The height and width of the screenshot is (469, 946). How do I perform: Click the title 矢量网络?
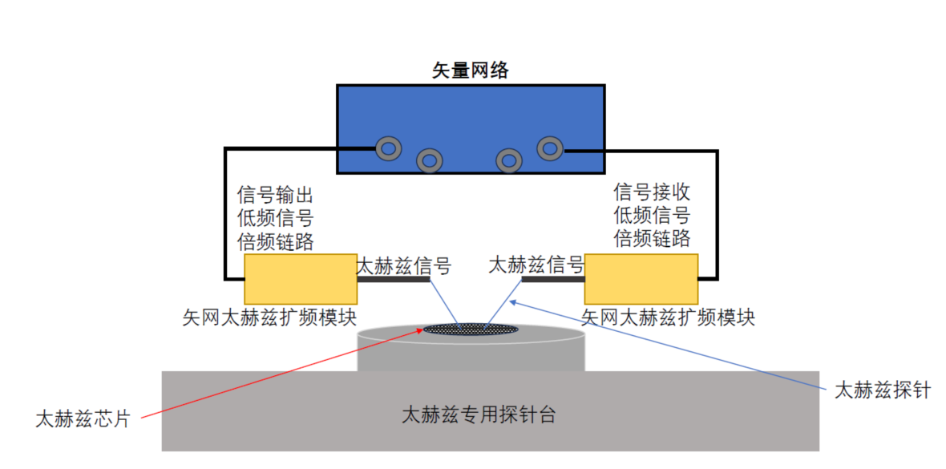(471, 71)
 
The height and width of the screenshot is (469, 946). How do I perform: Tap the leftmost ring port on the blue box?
(389, 148)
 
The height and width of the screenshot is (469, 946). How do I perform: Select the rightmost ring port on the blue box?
(550, 148)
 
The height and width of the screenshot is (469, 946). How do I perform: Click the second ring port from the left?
(430, 160)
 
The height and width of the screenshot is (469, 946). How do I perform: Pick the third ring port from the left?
(509, 160)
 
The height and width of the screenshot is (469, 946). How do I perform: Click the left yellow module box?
(301, 279)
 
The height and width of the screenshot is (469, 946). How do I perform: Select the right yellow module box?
(641, 279)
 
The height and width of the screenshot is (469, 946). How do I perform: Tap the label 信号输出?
(275, 195)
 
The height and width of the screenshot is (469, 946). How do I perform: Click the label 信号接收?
(652, 192)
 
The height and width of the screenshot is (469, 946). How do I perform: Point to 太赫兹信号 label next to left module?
(403, 265)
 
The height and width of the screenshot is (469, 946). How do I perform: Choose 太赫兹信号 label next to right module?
(536, 265)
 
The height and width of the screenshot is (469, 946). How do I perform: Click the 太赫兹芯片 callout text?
(82, 418)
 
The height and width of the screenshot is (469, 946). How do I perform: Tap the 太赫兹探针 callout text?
(882, 391)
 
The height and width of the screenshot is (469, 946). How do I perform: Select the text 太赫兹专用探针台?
(479, 415)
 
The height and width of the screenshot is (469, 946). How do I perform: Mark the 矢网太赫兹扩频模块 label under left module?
(269, 317)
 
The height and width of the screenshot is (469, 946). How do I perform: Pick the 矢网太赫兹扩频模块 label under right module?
(669, 317)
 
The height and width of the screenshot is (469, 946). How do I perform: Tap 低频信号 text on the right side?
(652, 216)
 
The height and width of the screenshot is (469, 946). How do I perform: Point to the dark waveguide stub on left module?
(394, 280)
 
